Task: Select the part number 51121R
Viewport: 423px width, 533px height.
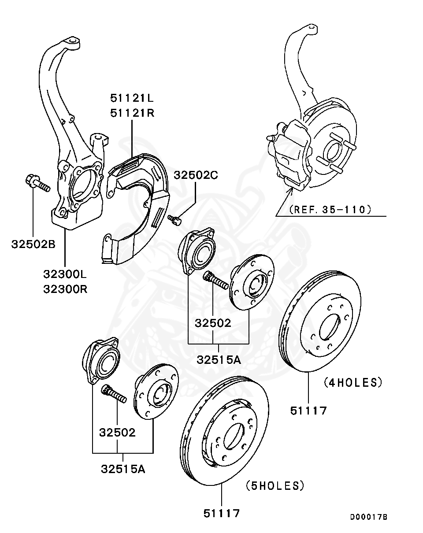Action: pyautogui.click(x=132, y=113)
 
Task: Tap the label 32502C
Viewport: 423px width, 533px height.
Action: pyautogui.click(x=196, y=175)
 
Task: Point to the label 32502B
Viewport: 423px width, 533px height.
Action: pyautogui.click(x=33, y=244)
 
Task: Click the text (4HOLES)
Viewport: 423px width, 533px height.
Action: pyautogui.click(x=352, y=382)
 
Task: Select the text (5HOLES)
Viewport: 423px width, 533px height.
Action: pyautogui.click(x=275, y=486)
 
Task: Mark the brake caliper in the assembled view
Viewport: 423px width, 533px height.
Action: pyautogui.click(x=289, y=154)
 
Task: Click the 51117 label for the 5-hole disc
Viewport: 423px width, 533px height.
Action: pyautogui.click(x=222, y=513)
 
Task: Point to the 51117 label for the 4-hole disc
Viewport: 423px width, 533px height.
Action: pyautogui.click(x=308, y=411)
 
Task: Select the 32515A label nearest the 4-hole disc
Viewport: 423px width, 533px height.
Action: pyautogui.click(x=219, y=359)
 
